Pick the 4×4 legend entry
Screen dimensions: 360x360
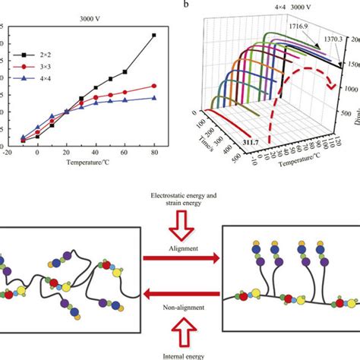[34, 77]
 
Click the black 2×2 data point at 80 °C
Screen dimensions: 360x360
[154, 35]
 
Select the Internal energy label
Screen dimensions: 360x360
[179, 355]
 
